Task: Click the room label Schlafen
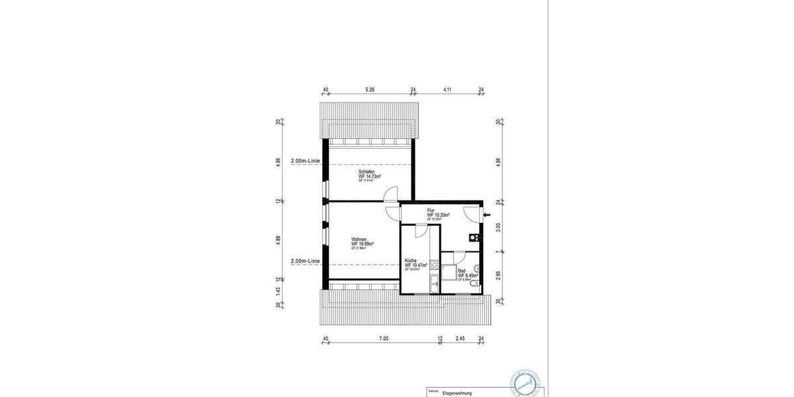click(x=367, y=171)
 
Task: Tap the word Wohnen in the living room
click(x=359, y=239)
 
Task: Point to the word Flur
click(x=431, y=210)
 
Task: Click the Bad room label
click(x=461, y=271)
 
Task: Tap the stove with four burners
click(x=433, y=265)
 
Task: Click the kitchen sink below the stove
click(x=433, y=285)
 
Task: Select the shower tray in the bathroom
click(x=449, y=273)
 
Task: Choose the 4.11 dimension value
click(x=448, y=90)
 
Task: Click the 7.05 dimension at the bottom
click(x=383, y=339)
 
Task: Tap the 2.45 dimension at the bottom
click(x=461, y=339)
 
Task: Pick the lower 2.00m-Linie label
click(x=306, y=261)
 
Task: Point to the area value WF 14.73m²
click(x=370, y=177)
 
